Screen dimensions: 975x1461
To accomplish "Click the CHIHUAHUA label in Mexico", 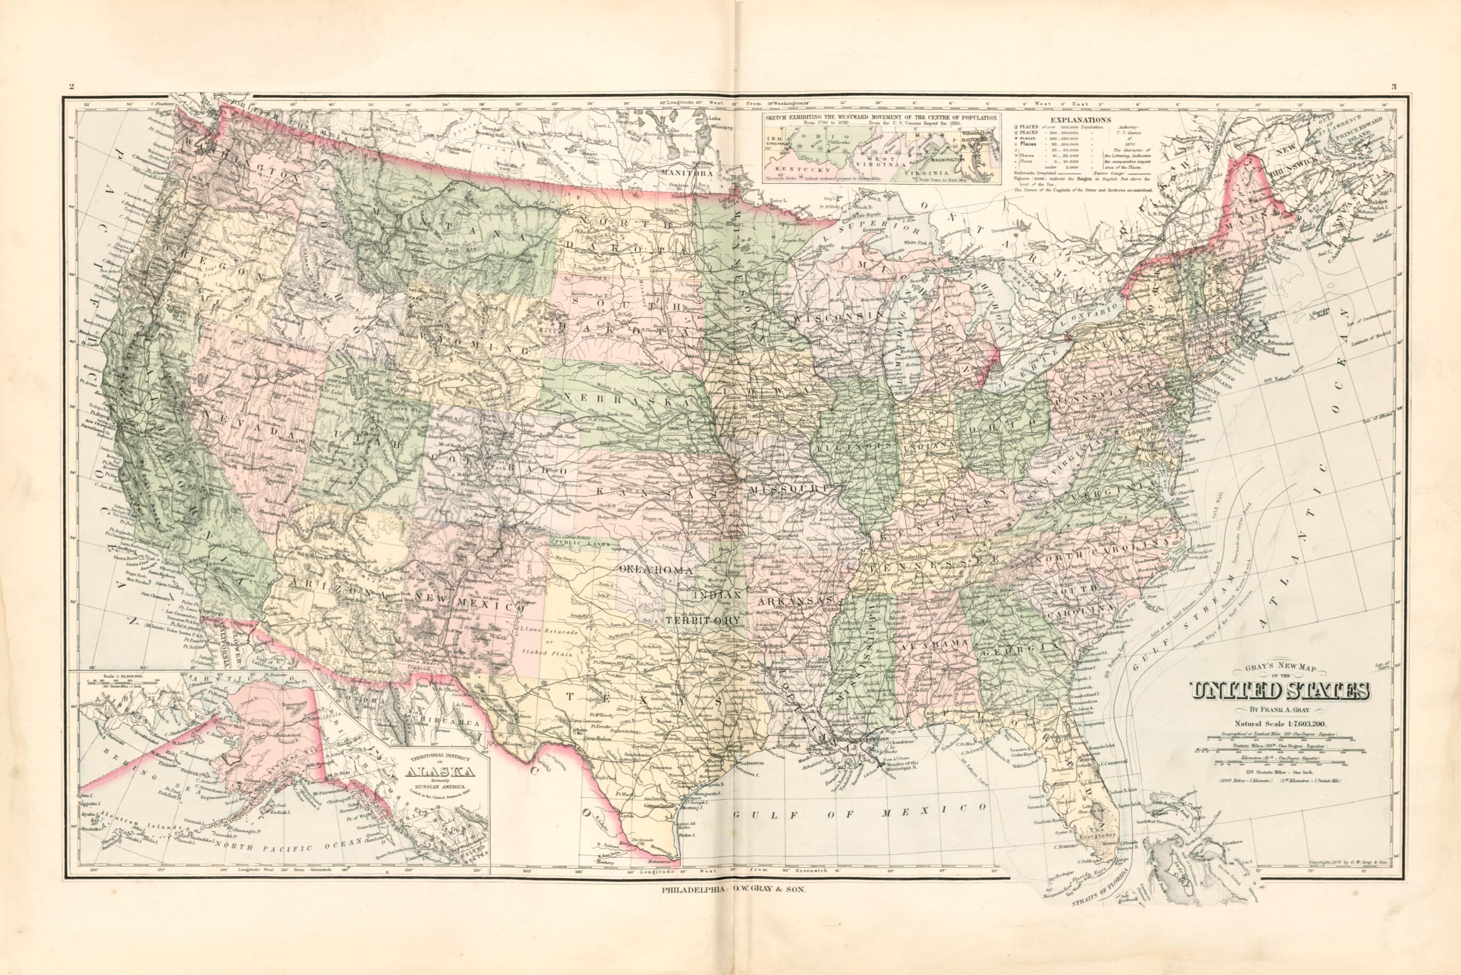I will pos(439,722).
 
